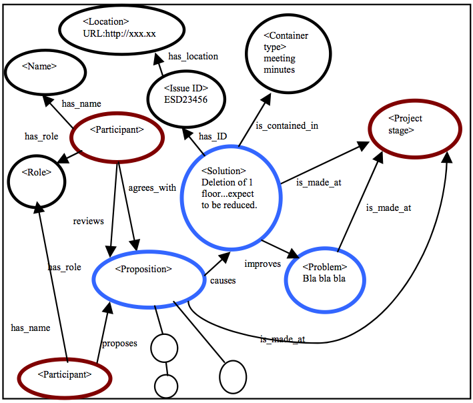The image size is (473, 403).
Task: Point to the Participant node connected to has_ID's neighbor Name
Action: point(116,131)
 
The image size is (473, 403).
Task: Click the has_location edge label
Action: point(193,57)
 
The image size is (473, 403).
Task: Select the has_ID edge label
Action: point(213,136)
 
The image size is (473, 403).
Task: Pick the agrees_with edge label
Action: point(151,187)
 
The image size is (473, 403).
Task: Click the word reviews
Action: point(88,221)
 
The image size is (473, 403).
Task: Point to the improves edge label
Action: point(262,264)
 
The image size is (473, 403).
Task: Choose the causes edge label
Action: point(223,281)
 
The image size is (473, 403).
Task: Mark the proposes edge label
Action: point(119,343)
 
